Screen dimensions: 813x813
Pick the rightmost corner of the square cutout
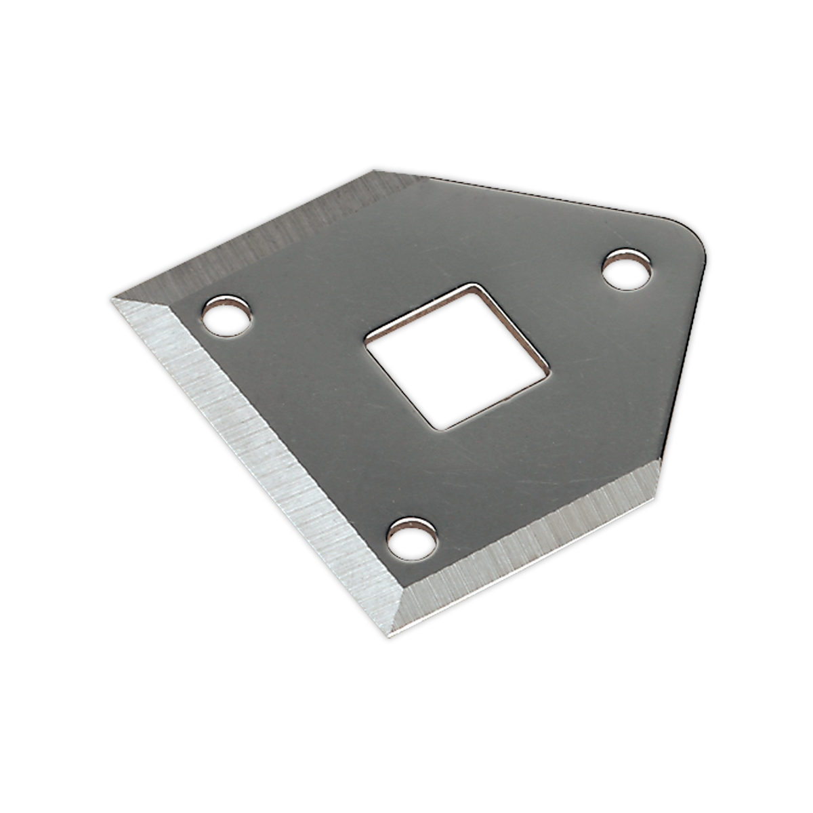[549, 368]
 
